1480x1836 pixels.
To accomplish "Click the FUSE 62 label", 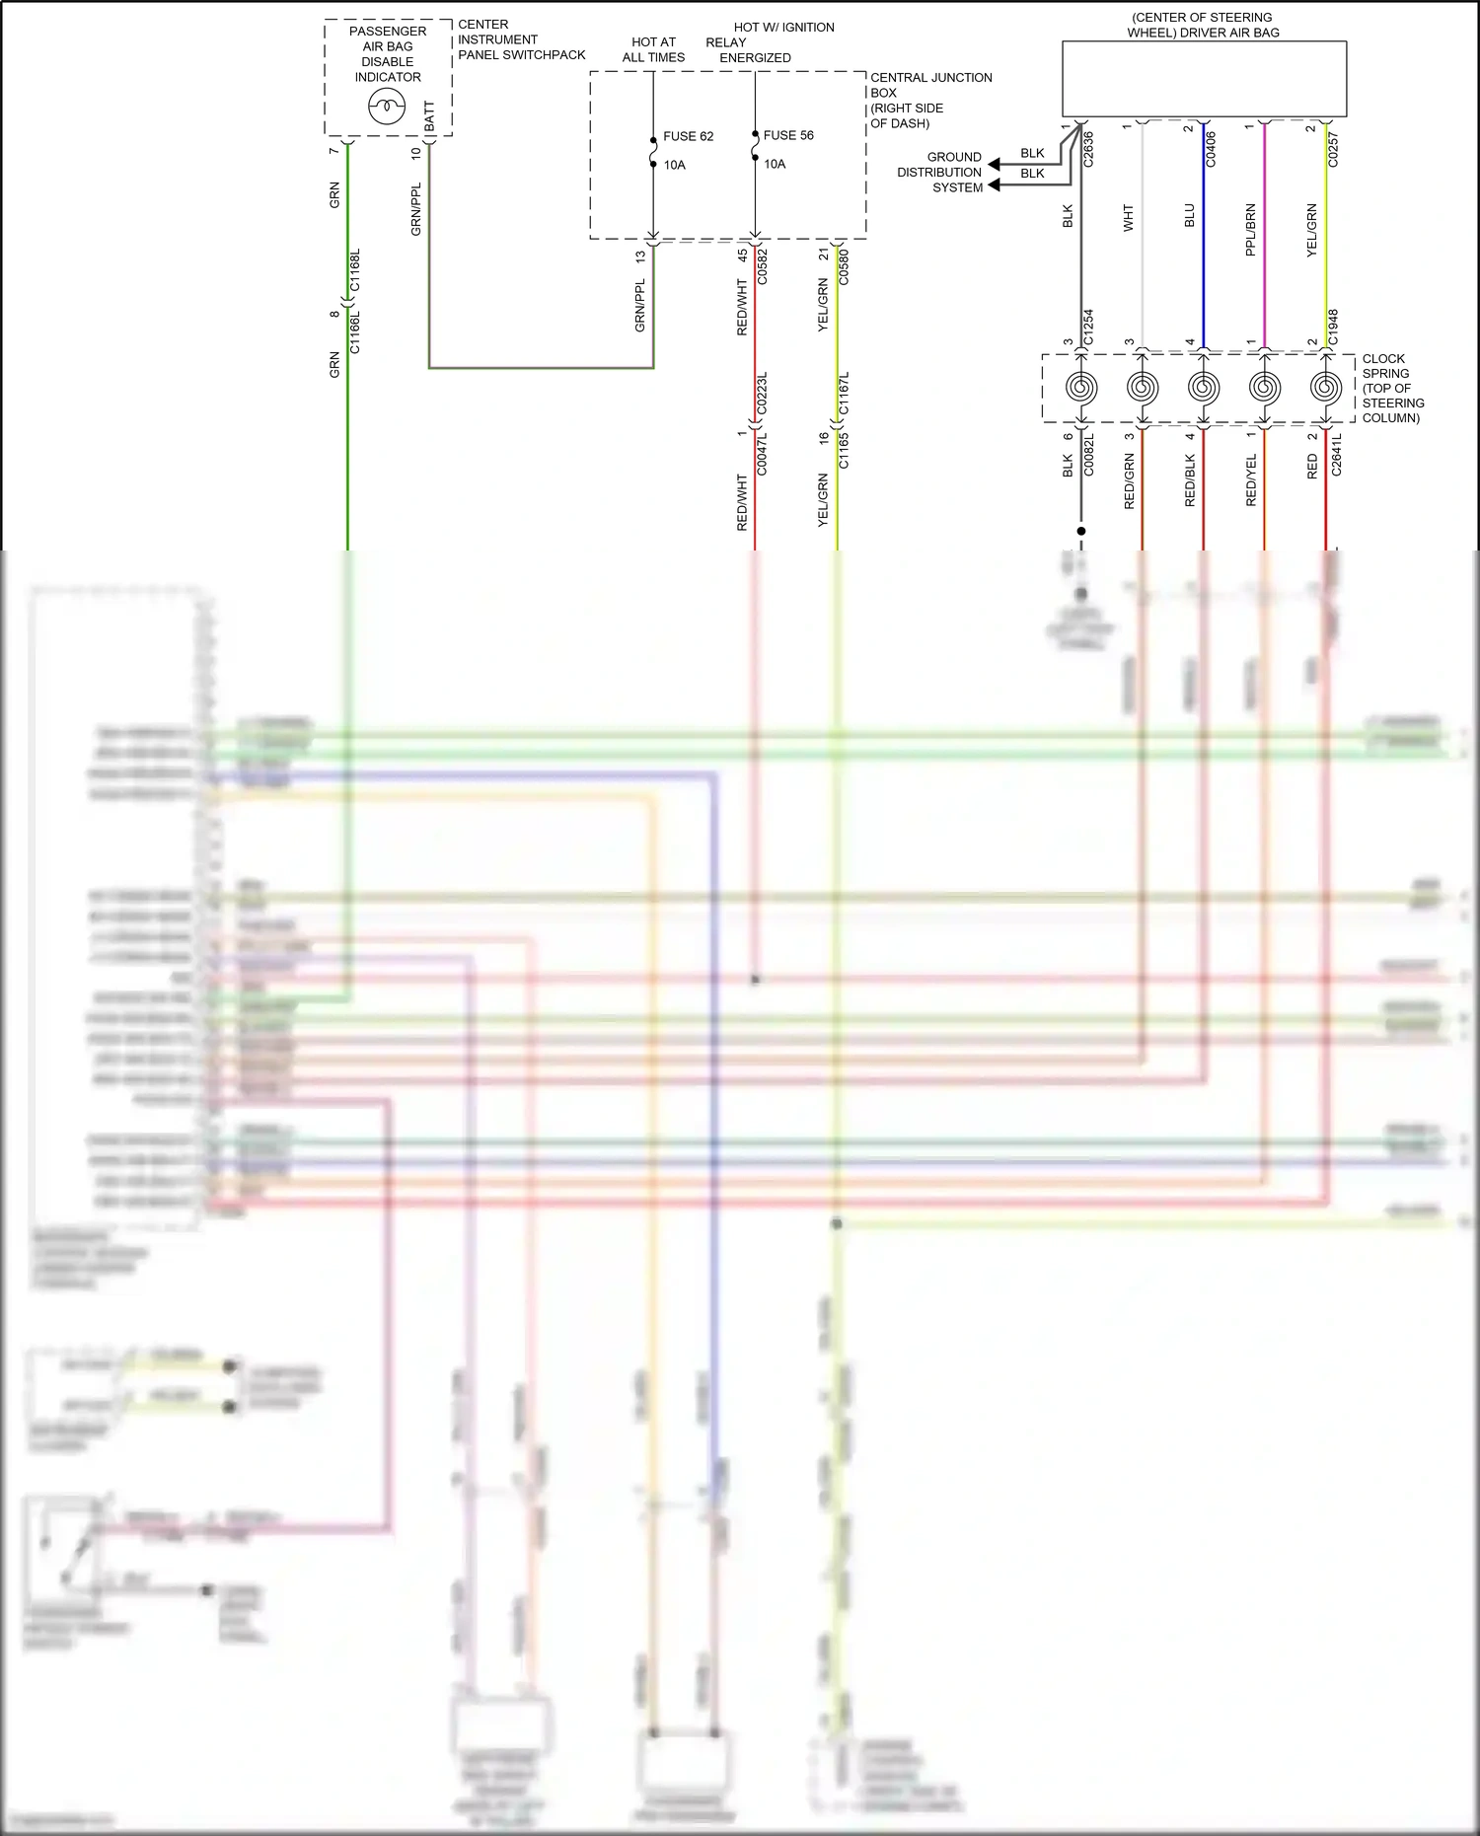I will pyautogui.click(x=688, y=136).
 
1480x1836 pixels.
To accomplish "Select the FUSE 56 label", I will pyautogui.click(x=788, y=135).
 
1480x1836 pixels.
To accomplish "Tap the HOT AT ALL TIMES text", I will pyautogui.click(x=653, y=49).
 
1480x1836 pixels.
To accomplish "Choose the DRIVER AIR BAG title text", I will pyautogui.click(x=1203, y=25).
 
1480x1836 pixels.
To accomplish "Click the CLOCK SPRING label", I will pyautogui.click(x=1392, y=388).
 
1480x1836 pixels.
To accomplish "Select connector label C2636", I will pyautogui.click(x=1089, y=148).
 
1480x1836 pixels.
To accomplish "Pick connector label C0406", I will pyautogui.click(x=1211, y=148).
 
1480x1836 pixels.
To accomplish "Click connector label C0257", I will pyautogui.click(x=1333, y=148).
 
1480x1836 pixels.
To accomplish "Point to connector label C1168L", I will pyautogui.click(x=355, y=269).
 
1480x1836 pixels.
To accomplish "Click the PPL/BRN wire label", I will pyautogui.click(x=1251, y=230).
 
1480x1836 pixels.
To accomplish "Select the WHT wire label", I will pyautogui.click(x=1129, y=218).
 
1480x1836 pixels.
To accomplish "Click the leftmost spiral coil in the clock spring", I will pyautogui.click(x=1081, y=388).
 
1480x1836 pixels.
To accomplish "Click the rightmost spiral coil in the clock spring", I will pyautogui.click(x=1325, y=388).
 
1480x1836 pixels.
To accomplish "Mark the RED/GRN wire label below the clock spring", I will pyautogui.click(x=1129, y=481).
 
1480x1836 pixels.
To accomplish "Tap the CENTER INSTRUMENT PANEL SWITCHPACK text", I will pyautogui.click(x=521, y=39).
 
